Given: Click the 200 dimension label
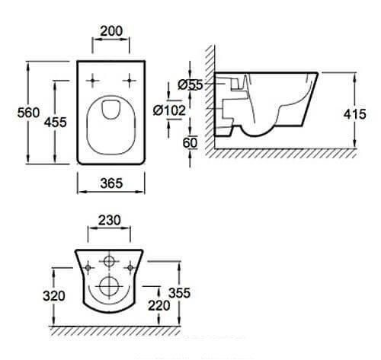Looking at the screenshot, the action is click(111, 31).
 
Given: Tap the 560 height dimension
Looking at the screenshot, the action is click(28, 113).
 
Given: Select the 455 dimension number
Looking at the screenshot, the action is click(56, 122).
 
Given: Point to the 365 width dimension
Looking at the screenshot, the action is click(111, 183).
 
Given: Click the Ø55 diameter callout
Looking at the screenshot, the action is click(190, 84).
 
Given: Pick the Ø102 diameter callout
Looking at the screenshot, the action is click(169, 110).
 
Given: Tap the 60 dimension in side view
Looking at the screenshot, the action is click(190, 143).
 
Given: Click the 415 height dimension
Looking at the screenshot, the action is click(355, 114).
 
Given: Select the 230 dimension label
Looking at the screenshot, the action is click(110, 220).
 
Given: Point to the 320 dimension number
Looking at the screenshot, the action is click(54, 296).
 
